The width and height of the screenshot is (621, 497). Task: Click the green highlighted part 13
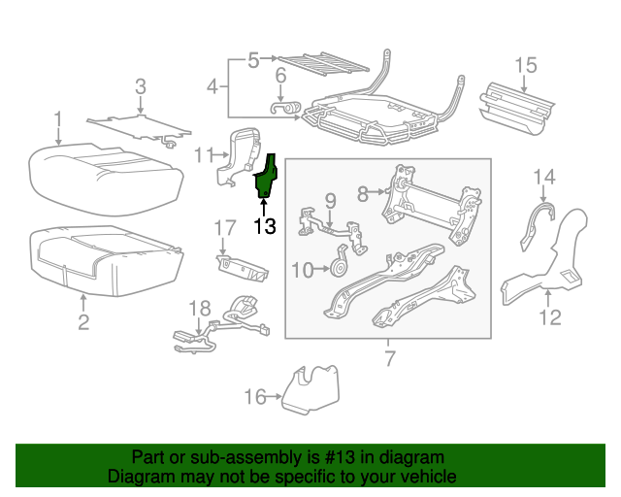(x=265, y=178)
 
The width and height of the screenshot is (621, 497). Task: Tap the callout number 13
(x=264, y=227)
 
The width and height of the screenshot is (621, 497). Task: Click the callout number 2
(x=83, y=321)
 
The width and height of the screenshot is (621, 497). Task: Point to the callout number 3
(x=140, y=87)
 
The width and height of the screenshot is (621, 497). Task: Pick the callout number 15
(x=525, y=65)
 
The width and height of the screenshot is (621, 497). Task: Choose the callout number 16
(x=254, y=395)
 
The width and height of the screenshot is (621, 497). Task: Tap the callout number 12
(x=549, y=317)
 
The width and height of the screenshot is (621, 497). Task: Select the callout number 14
(x=544, y=176)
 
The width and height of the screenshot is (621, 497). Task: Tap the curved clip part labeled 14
(x=534, y=223)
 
